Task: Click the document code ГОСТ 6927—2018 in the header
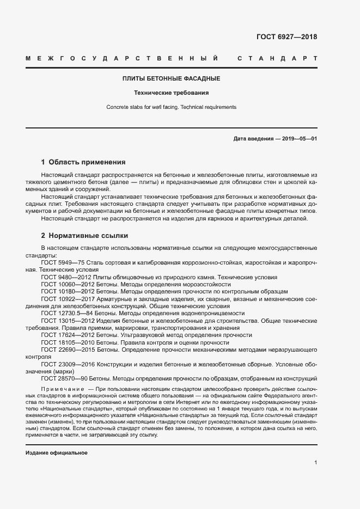tap(286, 38)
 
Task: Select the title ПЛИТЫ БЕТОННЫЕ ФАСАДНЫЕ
tap(171, 79)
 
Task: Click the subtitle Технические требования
tap(171, 93)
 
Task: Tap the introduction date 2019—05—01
tap(299, 139)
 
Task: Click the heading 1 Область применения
tap(83, 162)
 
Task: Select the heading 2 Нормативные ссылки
tap(84, 236)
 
